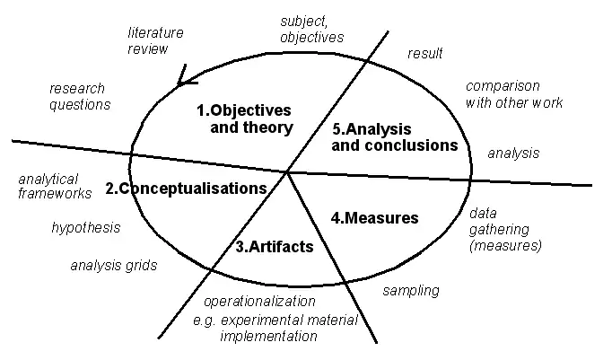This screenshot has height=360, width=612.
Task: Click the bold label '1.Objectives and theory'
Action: pyautogui.click(x=244, y=119)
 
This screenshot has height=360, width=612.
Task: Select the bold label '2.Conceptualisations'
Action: pyautogui.click(x=186, y=189)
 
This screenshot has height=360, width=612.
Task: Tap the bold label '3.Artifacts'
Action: pyautogui.click(x=274, y=246)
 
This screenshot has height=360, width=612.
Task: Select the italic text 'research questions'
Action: pyautogui.click(x=79, y=96)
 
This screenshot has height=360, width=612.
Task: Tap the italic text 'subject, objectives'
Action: pyautogui.click(x=310, y=29)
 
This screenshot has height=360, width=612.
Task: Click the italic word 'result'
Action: pyautogui.click(x=425, y=54)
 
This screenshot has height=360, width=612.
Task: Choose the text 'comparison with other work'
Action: pyautogui.click(x=514, y=94)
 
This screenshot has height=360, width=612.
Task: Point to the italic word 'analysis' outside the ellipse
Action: pyautogui.click(x=513, y=154)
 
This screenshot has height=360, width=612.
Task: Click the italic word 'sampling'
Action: pyautogui.click(x=410, y=290)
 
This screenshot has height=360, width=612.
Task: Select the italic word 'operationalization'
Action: pyautogui.click(x=259, y=302)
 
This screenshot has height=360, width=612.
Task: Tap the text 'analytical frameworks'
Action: pyautogui.click(x=54, y=186)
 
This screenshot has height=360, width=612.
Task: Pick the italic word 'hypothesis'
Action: pyautogui.click(x=85, y=228)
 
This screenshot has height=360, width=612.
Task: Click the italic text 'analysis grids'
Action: pyautogui.click(x=114, y=266)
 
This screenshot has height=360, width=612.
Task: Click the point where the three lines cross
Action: pyautogui.click(x=287, y=171)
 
